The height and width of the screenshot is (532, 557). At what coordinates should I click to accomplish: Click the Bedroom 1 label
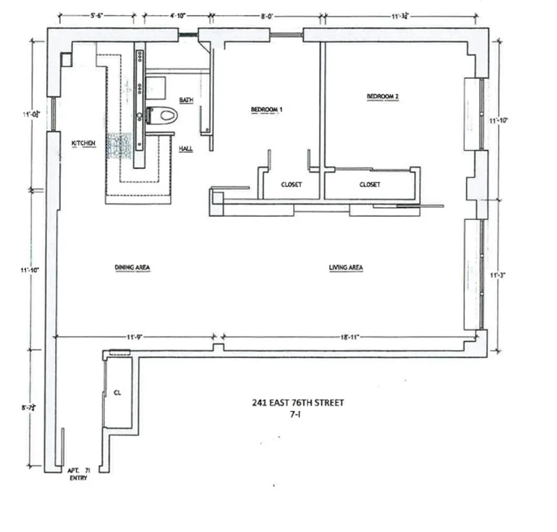266,110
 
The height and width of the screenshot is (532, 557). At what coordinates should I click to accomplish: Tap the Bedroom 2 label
382,97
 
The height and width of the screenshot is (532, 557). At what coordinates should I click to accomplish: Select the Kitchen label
84,143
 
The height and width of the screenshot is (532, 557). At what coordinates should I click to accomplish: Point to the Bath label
186,100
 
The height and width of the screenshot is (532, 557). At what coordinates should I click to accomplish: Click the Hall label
186,149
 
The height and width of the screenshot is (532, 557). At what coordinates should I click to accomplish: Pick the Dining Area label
132,268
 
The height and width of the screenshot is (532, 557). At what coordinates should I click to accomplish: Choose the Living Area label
346,268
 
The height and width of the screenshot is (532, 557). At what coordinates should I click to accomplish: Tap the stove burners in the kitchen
119,147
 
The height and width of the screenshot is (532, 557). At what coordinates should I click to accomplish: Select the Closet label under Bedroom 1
291,184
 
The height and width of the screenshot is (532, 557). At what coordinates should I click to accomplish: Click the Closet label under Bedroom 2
370,184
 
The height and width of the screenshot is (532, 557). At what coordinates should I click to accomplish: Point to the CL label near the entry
117,393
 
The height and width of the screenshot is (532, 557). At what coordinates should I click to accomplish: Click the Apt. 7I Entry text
78,474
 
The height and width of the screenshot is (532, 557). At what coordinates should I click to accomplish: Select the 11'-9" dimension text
134,336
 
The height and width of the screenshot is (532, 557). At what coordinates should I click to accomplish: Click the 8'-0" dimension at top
266,16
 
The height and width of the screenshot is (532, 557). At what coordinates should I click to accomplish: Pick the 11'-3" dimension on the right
498,275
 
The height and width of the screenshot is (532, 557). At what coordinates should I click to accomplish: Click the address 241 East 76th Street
298,403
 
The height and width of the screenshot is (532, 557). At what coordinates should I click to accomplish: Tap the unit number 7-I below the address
295,415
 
